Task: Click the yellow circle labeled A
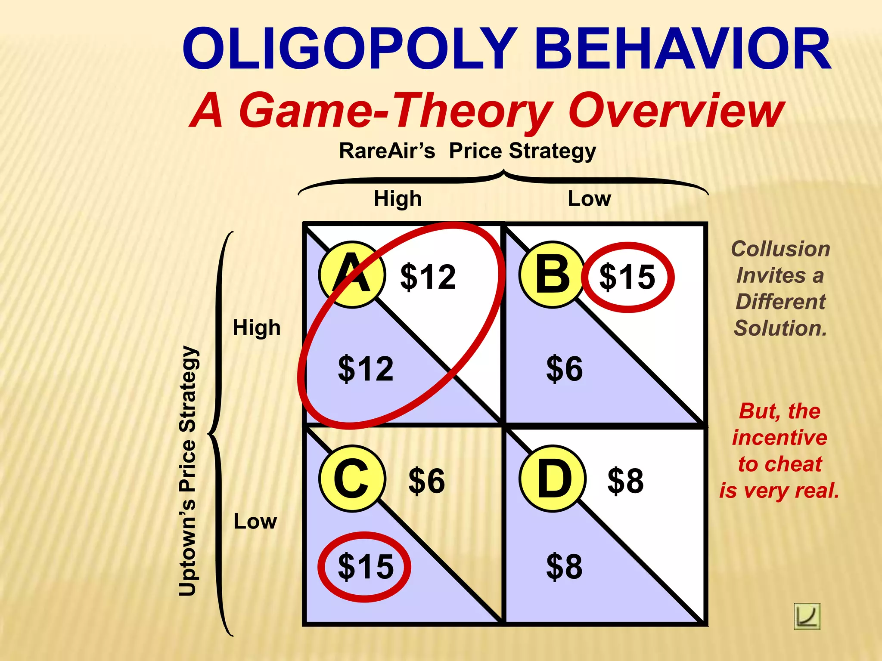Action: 352,275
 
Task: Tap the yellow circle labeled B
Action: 552,275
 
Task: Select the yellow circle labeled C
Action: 352,479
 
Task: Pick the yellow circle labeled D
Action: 552,479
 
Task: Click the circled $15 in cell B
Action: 627,277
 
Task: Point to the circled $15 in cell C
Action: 365,567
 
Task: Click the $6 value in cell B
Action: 564,369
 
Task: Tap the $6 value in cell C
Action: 426,481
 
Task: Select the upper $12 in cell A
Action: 428,277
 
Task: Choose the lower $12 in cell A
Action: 365,369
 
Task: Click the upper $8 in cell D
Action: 625,481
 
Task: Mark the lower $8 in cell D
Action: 564,567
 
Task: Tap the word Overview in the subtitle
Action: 676,111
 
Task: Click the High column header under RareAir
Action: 397,199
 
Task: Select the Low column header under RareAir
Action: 589,199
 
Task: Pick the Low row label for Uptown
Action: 255,522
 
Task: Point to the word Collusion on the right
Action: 780,249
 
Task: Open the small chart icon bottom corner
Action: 807,616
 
